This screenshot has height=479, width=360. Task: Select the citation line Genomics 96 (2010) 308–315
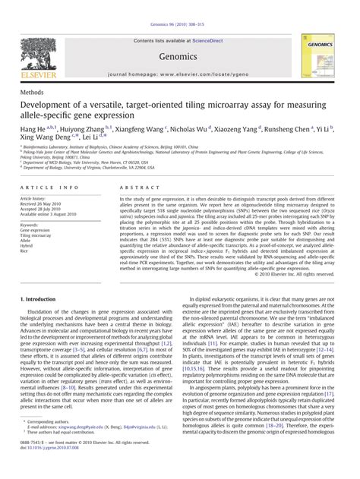(179, 5)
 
